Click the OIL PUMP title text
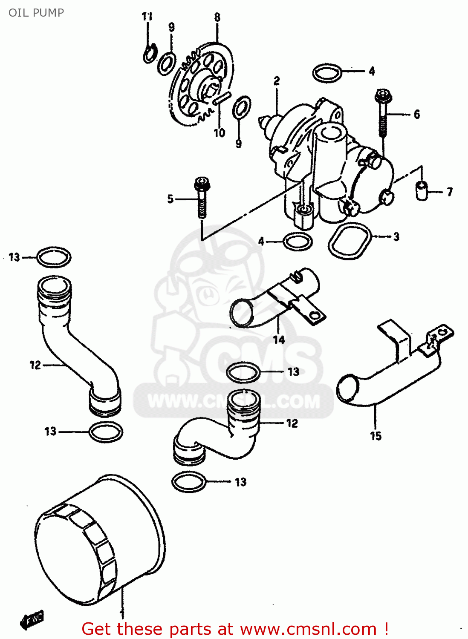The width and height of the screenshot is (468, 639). [36, 13]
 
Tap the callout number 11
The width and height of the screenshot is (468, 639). [147, 17]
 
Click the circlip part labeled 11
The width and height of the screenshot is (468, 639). [149, 55]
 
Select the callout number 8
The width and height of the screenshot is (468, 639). [217, 17]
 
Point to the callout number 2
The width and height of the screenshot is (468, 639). [277, 81]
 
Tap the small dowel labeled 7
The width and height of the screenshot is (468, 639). [422, 190]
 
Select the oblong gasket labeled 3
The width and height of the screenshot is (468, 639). [350, 241]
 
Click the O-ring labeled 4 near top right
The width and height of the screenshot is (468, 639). [327, 73]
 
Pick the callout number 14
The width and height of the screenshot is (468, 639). [279, 340]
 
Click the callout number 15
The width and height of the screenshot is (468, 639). [376, 436]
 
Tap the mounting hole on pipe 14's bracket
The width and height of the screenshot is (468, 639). [315, 316]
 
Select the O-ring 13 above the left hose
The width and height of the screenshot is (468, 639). [54, 257]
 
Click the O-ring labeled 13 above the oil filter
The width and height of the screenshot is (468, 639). [189, 482]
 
